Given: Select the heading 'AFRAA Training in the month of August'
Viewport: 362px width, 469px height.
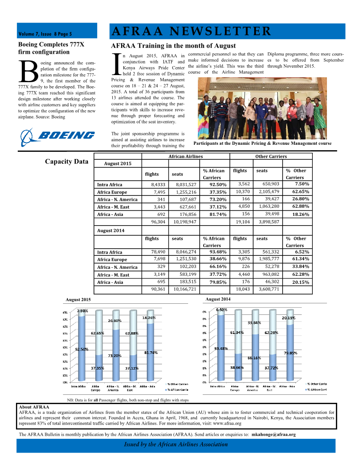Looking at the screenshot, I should tap(173, 46).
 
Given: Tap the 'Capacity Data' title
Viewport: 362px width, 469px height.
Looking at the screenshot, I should tap(67, 161).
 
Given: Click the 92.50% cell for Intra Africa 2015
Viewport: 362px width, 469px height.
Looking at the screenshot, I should tap(218, 184).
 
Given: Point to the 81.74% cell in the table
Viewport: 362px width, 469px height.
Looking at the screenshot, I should tap(218, 214).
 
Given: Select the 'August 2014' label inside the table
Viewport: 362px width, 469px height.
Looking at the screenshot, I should tap(111, 231).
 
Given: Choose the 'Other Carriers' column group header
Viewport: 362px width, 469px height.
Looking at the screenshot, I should tap(271, 156).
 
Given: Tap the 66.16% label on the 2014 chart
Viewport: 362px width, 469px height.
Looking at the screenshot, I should tap(254, 358).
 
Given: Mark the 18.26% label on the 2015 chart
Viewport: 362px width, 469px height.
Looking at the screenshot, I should tap(149, 318).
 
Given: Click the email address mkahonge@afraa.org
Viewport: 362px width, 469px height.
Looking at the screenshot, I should tap(273, 434).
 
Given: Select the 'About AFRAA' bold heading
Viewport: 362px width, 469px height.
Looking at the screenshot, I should tap(34, 406).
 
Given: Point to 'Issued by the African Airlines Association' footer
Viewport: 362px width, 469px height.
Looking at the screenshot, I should tap(176, 444).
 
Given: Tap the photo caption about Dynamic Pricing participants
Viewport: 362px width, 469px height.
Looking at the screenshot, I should tap(263, 143).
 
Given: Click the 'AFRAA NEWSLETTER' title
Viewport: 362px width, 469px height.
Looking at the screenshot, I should tap(191, 31).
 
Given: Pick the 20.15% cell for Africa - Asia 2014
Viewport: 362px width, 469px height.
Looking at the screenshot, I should tap(297, 282).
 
